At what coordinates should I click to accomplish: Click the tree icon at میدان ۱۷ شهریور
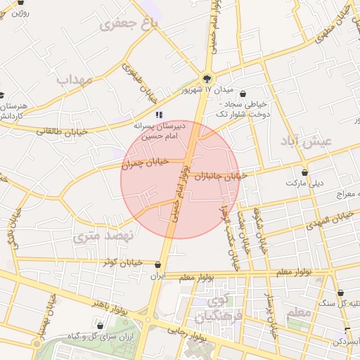pos(207,79)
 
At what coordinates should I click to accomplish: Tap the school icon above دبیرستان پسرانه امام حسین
pos(160,114)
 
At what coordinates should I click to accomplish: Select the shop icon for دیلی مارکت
pos(304,172)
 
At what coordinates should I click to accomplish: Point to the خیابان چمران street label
pos(146,163)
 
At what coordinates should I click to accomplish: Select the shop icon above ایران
pos(157,265)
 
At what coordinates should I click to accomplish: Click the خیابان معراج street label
pos(340,193)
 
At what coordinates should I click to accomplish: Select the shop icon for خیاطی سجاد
pos(243,94)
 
